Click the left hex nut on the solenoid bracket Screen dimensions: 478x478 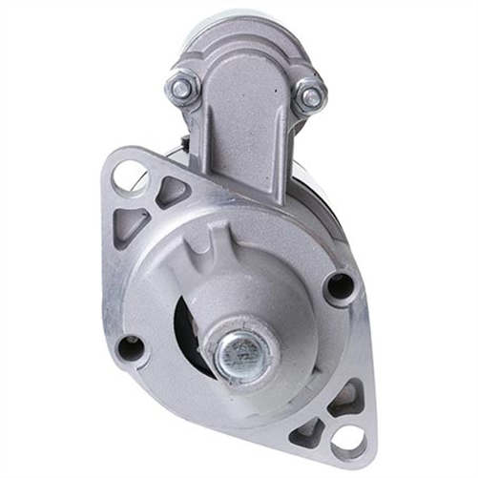click(x=180, y=89)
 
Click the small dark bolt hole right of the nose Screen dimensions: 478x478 click(x=336, y=285)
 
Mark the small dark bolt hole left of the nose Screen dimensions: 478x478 click(x=132, y=349)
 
